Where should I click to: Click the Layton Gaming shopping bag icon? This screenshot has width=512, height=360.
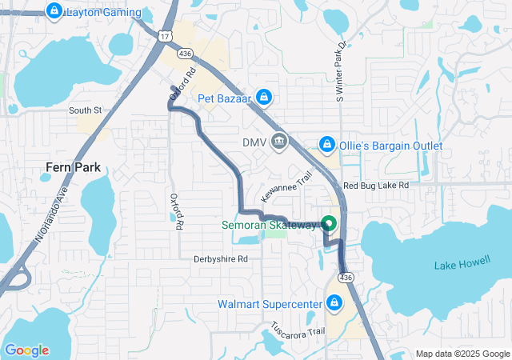(54, 12)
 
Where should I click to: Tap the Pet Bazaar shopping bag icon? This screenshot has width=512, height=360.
(266, 98)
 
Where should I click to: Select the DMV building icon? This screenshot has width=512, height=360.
(279, 142)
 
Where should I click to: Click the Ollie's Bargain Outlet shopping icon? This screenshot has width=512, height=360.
(326, 145)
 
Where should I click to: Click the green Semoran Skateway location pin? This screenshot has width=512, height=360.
(328, 224)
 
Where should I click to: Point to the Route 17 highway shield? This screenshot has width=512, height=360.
(165, 37)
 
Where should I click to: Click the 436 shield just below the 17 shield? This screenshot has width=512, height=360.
(186, 52)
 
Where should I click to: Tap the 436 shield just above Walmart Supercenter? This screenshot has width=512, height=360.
(346, 277)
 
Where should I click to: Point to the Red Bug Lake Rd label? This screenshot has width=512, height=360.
(375, 185)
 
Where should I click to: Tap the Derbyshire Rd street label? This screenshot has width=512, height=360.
(221, 258)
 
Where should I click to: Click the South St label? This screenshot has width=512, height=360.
(86, 110)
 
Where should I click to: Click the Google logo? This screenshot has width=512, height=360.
(26, 350)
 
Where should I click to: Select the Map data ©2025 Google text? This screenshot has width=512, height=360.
(462, 354)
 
